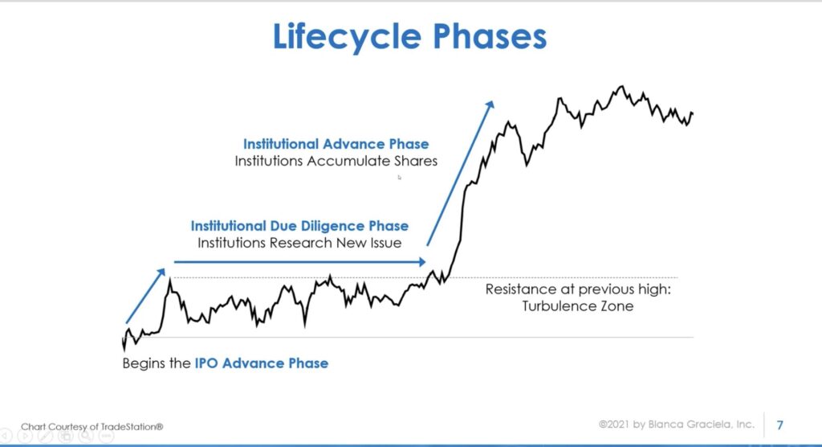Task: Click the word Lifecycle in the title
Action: click(x=347, y=37)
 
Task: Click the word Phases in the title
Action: click(x=490, y=36)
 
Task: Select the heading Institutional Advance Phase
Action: click(x=336, y=144)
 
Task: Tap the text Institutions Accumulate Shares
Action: click(x=336, y=161)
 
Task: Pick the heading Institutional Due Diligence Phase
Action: click(x=299, y=226)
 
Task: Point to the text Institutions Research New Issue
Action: click(x=299, y=243)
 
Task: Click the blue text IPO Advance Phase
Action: click(x=262, y=363)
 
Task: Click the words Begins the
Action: click(x=157, y=363)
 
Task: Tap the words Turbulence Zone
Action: click(x=578, y=306)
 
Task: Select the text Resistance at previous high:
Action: click(x=578, y=289)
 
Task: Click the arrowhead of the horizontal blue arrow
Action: click(x=422, y=261)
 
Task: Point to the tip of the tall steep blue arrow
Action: click(x=493, y=100)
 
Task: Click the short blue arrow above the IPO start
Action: click(x=145, y=296)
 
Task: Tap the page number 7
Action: click(x=780, y=425)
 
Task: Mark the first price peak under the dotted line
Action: click(x=169, y=281)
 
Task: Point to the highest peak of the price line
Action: click(x=622, y=86)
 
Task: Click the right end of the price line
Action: click(x=693, y=113)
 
